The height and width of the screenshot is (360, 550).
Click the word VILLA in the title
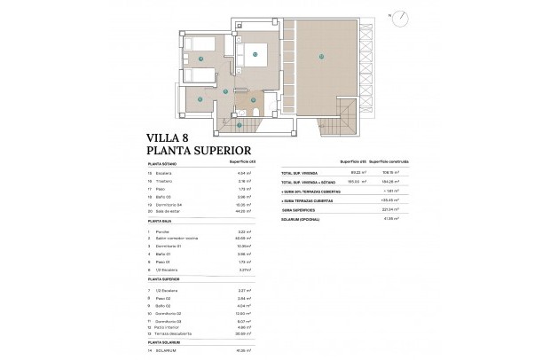[165, 137]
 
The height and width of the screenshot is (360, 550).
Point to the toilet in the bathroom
[271, 112]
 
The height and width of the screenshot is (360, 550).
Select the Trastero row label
[165, 181]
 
